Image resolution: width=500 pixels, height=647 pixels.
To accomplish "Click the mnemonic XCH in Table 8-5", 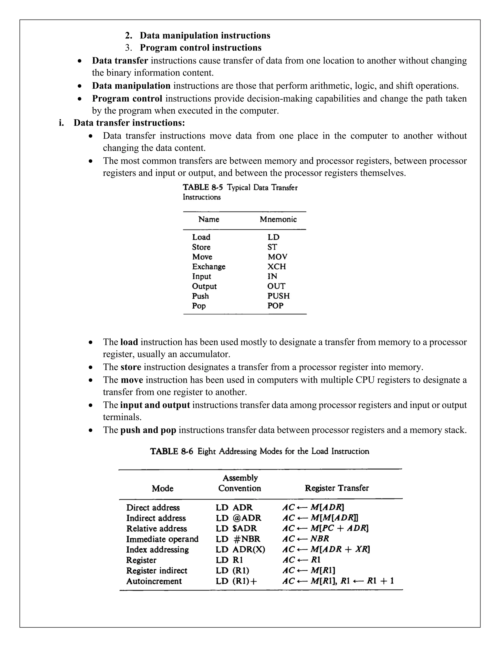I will [x=276, y=266].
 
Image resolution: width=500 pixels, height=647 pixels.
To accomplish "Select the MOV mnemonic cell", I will [x=277, y=257].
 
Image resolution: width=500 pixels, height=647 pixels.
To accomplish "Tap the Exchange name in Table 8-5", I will [x=208, y=266].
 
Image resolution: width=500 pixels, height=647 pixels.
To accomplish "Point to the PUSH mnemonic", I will [x=278, y=296].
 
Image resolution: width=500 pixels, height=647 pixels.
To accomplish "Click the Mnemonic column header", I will [x=278, y=219].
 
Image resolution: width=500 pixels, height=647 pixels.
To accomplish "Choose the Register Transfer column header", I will [x=337, y=488].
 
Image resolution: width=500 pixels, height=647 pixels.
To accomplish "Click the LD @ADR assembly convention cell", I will [x=239, y=518].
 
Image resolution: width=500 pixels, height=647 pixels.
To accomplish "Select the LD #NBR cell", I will [x=238, y=539].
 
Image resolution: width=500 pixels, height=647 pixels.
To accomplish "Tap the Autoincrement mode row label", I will [x=154, y=581].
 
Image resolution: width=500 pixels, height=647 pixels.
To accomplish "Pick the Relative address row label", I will [x=156, y=529].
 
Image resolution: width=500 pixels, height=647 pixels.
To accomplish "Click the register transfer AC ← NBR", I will [x=305, y=539].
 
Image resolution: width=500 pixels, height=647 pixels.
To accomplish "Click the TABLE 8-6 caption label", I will [x=171, y=451].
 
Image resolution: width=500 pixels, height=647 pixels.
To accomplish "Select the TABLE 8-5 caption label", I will [x=203, y=187].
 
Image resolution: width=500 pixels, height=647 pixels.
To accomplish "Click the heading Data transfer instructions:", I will [x=129, y=123].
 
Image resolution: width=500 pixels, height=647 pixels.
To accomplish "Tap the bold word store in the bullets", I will [x=131, y=367].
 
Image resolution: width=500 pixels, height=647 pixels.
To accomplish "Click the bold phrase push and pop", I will [x=148, y=430].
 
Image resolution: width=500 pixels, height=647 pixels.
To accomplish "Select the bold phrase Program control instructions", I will [x=200, y=48].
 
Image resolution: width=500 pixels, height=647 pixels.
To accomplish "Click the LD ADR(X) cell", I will [x=240, y=549].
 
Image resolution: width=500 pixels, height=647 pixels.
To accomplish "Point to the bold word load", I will [x=129, y=342].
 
